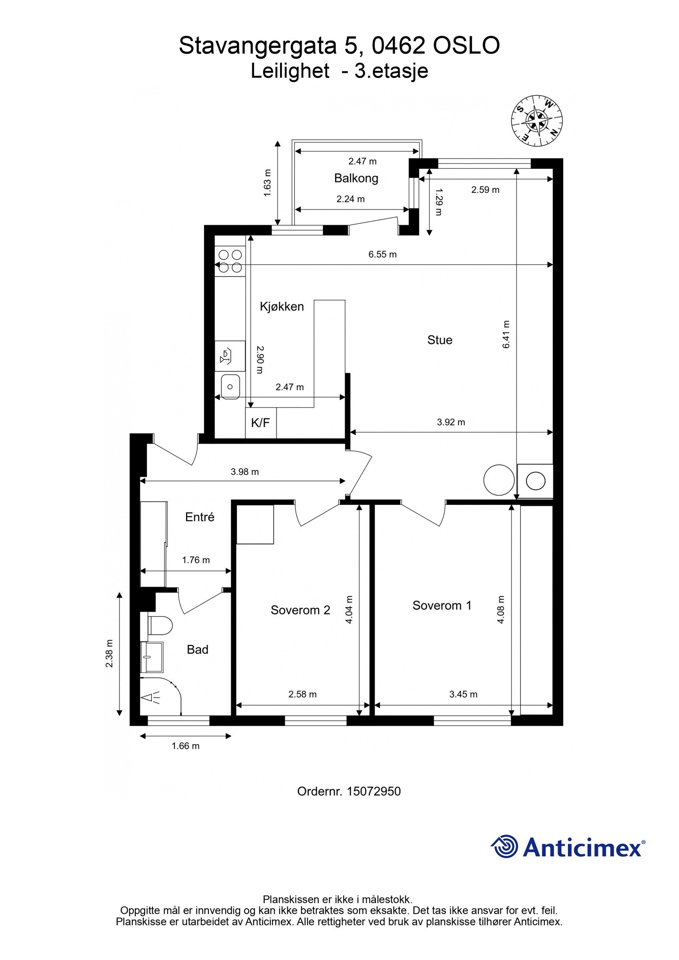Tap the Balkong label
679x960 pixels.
click(356, 178)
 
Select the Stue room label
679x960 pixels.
click(440, 340)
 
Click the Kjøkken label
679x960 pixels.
click(282, 306)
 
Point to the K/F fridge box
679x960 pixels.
click(261, 423)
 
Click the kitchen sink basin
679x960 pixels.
click(230, 386)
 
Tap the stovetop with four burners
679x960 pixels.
click(230, 261)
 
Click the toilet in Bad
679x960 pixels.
click(160, 625)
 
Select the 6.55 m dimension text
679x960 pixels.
click(382, 255)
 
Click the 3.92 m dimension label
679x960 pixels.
click(451, 422)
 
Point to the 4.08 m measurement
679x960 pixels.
click(501, 609)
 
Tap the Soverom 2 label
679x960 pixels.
click(300, 610)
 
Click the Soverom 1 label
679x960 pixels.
click(442, 605)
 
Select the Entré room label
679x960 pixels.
click(200, 517)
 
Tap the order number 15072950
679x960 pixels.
click(373, 791)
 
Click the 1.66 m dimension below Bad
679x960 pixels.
click(185, 745)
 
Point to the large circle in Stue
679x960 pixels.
click(499, 480)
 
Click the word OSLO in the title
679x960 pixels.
click(466, 46)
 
